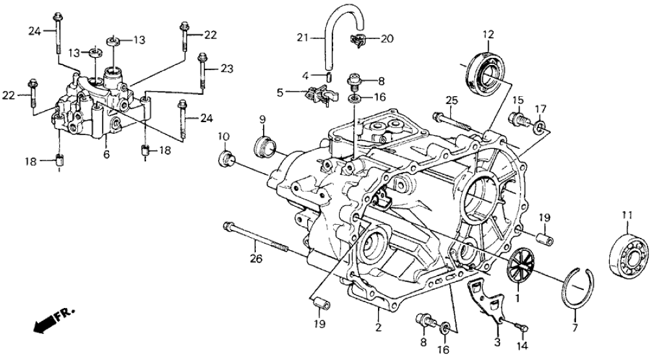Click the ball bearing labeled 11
click(630, 255)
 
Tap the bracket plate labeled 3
click(488, 302)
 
